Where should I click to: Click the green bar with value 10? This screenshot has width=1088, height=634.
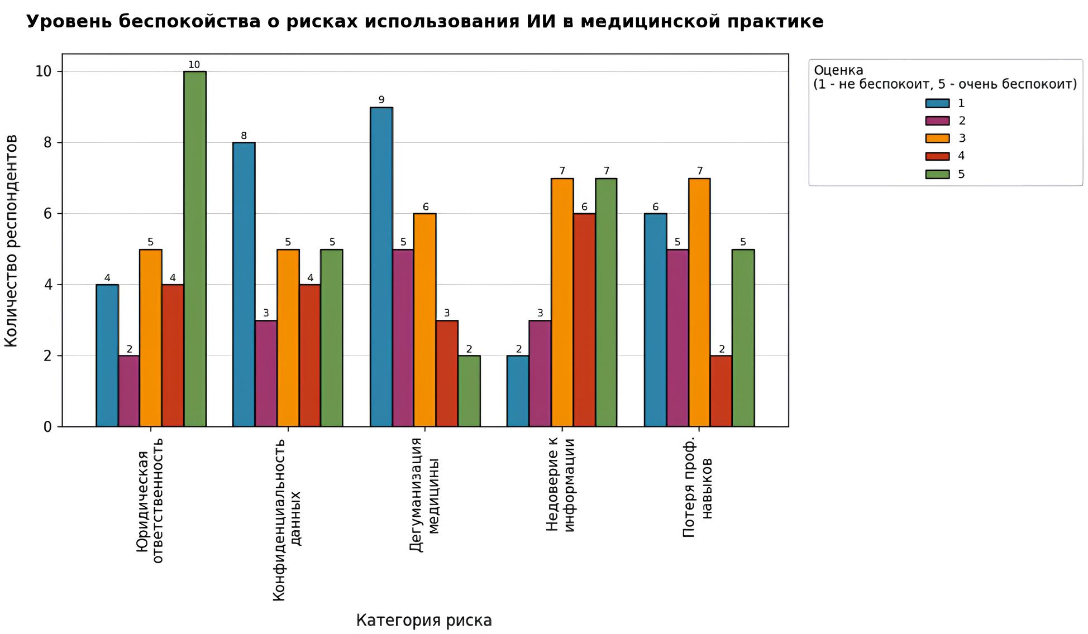pos(195,249)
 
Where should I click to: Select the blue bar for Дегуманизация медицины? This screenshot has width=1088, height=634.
pos(381,267)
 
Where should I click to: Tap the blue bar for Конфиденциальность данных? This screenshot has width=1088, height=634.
pos(244,285)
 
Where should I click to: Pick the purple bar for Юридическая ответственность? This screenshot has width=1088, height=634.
pos(129,391)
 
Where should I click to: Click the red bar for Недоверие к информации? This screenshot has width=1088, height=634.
pos(584,320)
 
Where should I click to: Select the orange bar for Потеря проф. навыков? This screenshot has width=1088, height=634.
pos(699,302)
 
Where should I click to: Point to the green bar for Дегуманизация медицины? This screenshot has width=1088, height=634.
pos(469,391)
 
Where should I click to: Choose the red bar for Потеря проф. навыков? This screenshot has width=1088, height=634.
pos(721,391)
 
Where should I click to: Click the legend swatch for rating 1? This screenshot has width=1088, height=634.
pos(937,103)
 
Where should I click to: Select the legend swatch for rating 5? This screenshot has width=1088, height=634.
pos(937,174)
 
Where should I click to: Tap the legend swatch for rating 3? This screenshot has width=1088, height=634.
pos(937,138)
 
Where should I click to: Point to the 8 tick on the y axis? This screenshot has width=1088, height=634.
pos(47,143)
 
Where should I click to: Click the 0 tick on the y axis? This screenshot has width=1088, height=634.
pos(47,427)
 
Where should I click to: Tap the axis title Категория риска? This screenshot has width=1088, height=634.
pos(424,621)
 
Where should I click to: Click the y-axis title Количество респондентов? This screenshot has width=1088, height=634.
pos(12,241)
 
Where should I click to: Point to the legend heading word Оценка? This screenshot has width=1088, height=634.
pos(838,70)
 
